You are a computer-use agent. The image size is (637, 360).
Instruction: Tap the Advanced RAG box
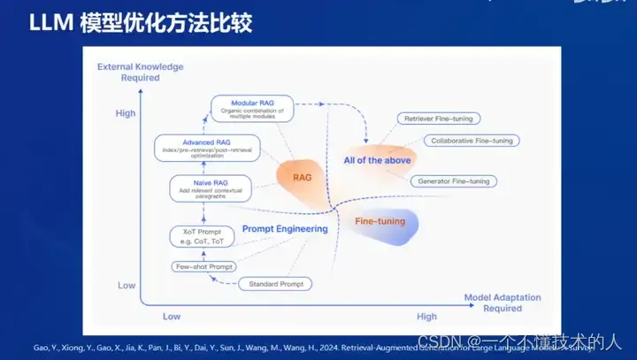[x=207, y=148]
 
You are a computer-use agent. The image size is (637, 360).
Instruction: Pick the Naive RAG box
[x=211, y=187]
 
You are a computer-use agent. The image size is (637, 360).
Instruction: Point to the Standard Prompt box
[x=275, y=284]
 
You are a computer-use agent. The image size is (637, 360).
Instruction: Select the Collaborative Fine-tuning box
[x=472, y=141]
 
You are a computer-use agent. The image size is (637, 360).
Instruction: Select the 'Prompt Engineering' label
[x=284, y=229]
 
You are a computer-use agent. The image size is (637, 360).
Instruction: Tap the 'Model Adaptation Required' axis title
[x=503, y=303]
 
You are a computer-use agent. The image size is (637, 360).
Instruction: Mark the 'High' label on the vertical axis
[x=126, y=113]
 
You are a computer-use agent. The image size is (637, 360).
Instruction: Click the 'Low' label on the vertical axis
[x=126, y=286]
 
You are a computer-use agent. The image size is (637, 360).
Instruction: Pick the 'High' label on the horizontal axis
[x=426, y=316]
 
